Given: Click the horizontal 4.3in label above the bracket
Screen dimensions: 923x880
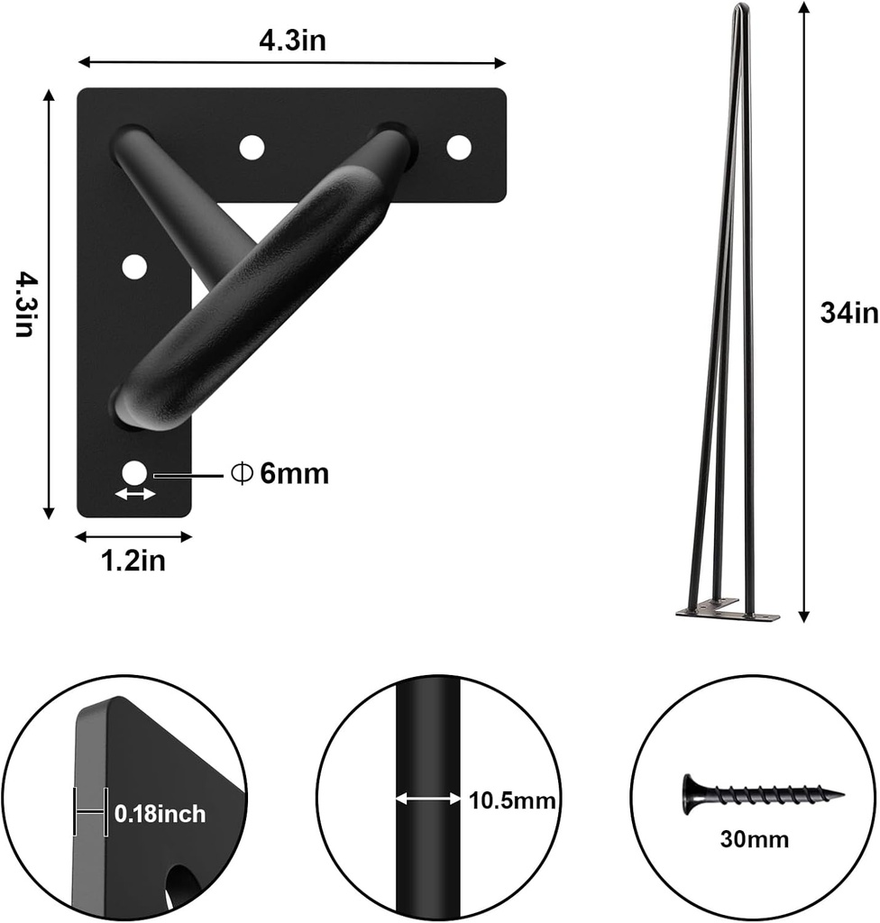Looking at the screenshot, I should (x=290, y=41).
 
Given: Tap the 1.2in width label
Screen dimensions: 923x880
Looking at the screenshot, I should (x=133, y=562).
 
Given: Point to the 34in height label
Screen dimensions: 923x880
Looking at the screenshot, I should (x=848, y=313).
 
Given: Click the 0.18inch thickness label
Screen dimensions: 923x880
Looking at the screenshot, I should (x=160, y=815).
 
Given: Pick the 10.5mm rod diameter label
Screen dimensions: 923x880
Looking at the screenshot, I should (x=510, y=800).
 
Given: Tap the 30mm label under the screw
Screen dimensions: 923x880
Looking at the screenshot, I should (x=755, y=840).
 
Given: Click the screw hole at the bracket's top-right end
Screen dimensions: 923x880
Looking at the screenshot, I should (x=459, y=146).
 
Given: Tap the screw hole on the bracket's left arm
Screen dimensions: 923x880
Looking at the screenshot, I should (x=134, y=267).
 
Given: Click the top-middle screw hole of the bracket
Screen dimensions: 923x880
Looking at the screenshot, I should (x=252, y=146).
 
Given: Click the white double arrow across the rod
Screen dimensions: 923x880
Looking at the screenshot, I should (x=428, y=799).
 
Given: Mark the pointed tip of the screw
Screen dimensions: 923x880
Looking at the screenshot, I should (x=840, y=794).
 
